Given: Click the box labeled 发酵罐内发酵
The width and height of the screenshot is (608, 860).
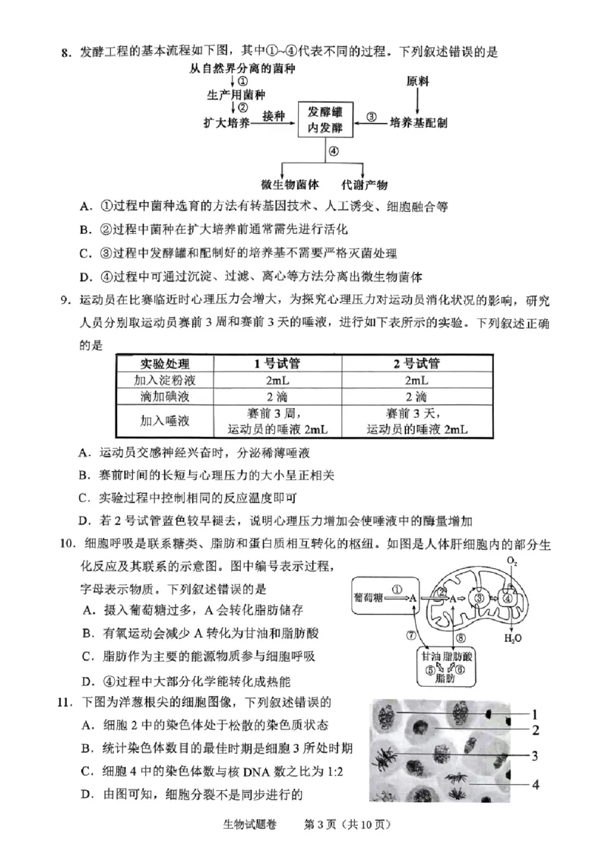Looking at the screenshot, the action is pos(325,119).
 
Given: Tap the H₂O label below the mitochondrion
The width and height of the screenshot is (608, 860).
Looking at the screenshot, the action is pos(513,638).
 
